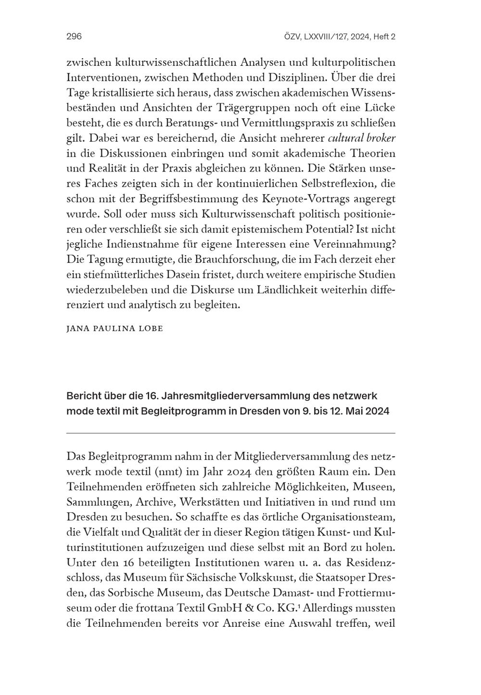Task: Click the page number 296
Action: coord(74,37)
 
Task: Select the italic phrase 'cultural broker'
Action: coord(361,138)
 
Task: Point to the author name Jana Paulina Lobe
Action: coord(114,329)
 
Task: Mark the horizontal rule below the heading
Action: coord(230,433)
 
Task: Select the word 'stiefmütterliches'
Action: coord(119,275)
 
